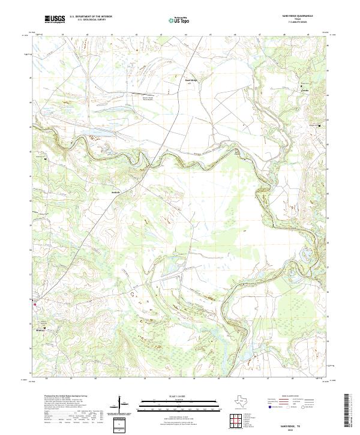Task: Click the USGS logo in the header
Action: coord(55,19)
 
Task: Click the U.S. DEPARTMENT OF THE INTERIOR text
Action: coord(90,16)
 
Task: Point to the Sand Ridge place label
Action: coord(191,80)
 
